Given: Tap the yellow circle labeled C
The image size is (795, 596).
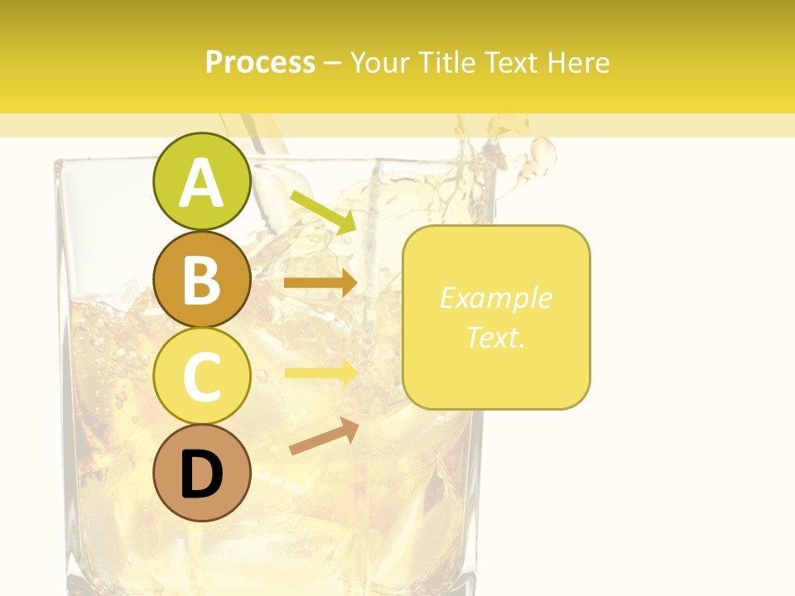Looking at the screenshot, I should click(x=202, y=377).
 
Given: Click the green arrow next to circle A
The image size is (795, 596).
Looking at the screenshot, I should click(x=323, y=212).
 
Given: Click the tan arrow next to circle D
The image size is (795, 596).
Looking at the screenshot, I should click(x=324, y=437).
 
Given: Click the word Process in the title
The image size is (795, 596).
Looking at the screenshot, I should click(x=260, y=62).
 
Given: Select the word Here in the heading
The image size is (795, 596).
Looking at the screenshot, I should click(x=580, y=62).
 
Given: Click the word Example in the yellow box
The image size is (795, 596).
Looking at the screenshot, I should click(x=495, y=298).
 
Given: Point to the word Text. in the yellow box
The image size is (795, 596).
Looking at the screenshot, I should click(x=495, y=337).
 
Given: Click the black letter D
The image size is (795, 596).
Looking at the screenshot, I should click(x=202, y=475).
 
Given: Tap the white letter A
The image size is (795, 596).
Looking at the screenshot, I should click(x=202, y=184).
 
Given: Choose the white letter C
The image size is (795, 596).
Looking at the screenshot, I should click(x=202, y=377).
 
